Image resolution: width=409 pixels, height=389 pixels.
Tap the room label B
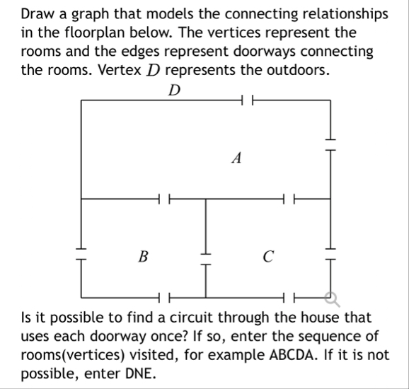[144, 256]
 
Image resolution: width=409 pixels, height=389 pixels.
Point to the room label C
[268, 256]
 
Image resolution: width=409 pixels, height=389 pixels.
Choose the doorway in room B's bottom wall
[163, 296]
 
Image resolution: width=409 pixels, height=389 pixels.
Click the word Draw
[37, 14]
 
